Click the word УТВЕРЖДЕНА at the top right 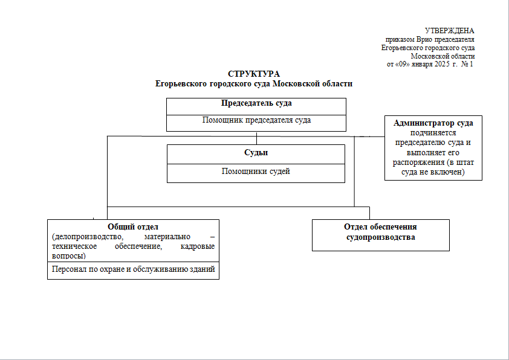[450, 31]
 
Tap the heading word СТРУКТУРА [254, 74]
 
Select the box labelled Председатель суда [256, 106]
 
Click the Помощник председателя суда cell [256, 123]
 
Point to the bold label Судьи [256, 152]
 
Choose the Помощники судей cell [256, 173]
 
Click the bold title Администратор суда [433, 123]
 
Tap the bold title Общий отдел [133, 227]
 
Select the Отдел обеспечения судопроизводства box [381, 235]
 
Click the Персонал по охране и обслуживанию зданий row [133, 271]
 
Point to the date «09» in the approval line [403, 64]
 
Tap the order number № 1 [467, 64]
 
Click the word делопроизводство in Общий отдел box [88, 236]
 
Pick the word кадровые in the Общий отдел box [197, 246]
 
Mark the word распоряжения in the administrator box [418, 162]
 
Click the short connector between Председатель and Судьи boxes [256, 138]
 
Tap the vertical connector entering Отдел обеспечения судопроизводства [369, 213]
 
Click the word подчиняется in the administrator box [433, 133]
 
